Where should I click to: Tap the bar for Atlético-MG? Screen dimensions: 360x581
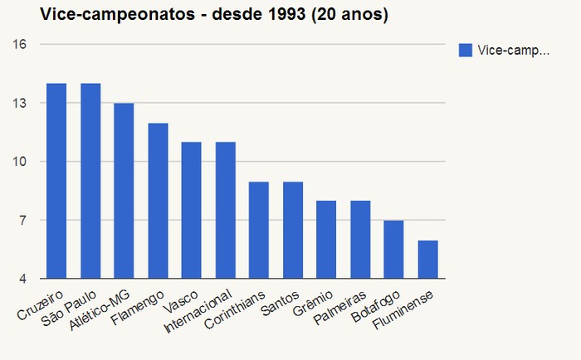tap(124, 191)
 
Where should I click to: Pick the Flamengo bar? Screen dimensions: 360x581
tap(158, 201)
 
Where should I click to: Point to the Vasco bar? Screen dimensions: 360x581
tap(191, 210)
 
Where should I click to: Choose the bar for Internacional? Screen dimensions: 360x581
tap(225, 210)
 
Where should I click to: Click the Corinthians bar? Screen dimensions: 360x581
tap(259, 230)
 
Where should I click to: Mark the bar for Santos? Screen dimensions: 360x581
tap(292, 230)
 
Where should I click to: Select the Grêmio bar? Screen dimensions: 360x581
tap(326, 240)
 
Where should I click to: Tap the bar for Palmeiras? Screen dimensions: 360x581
tap(359, 240)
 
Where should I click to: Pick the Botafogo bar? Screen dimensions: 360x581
tap(393, 249)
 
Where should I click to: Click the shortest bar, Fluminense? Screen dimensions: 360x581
tap(427, 259)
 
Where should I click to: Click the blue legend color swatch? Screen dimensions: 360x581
tap(466, 51)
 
